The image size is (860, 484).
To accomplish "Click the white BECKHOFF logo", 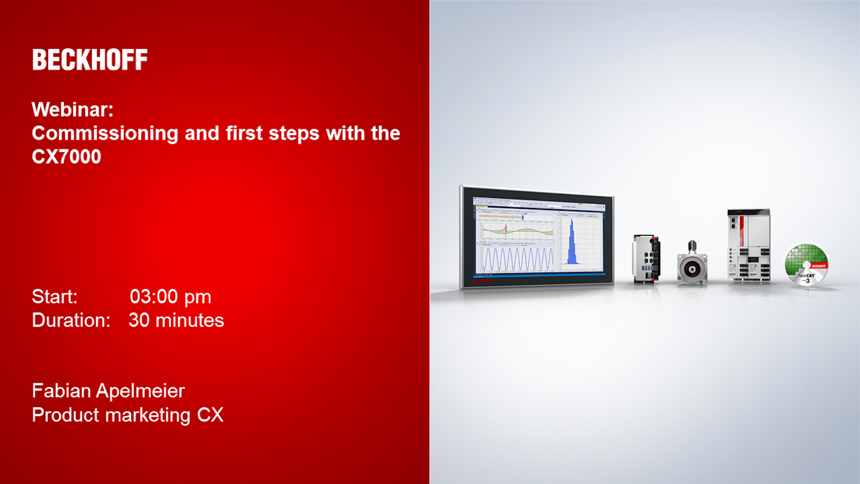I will pyautogui.click(x=90, y=60).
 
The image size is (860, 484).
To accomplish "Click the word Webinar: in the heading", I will pyautogui.click(x=73, y=110).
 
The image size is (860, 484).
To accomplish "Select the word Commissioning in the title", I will pyautogui.click(x=105, y=134).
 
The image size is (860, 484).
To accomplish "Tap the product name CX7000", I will pyautogui.click(x=66, y=157).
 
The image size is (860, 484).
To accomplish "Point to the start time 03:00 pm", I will pyautogui.click(x=170, y=297).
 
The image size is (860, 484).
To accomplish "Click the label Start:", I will pyautogui.click(x=55, y=297).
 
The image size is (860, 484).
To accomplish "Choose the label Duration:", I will pyautogui.click(x=71, y=320).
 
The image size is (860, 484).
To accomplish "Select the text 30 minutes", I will pyautogui.click(x=176, y=320).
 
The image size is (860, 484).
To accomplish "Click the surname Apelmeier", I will pyautogui.click(x=140, y=391).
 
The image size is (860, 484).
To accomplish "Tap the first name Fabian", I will pyautogui.click(x=61, y=391).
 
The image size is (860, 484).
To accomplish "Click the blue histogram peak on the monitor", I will pyautogui.click(x=572, y=244).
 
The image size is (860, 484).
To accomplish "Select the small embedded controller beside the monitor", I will pyautogui.click(x=646, y=259).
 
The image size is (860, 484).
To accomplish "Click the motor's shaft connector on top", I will pyautogui.click(x=692, y=246).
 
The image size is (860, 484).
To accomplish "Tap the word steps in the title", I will pyautogui.click(x=294, y=134).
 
